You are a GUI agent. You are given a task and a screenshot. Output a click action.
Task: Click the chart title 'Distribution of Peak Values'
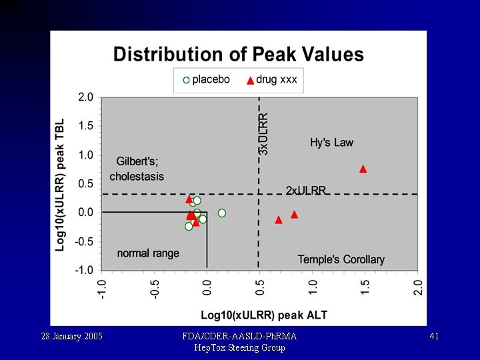[238, 54]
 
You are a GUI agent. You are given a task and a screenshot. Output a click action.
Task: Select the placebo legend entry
[206, 80]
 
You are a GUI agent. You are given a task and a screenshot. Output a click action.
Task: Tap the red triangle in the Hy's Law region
[363, 169]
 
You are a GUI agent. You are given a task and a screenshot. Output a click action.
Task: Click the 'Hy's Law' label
[331, 142]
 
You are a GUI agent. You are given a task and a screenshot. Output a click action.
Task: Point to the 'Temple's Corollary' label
[341, 259]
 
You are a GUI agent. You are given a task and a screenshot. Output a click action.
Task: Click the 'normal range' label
[148, 253]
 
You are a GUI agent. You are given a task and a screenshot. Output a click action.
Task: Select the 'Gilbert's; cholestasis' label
[137, 169]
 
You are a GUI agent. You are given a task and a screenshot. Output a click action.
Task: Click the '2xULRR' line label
[306, 191]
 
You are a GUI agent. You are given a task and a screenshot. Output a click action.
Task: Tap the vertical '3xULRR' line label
[265, 133]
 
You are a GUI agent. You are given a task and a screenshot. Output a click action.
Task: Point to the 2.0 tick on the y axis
[86, 97]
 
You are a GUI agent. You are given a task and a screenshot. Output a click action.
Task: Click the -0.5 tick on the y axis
[85, 241]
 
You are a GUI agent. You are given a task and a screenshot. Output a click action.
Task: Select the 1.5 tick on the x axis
[364, 288]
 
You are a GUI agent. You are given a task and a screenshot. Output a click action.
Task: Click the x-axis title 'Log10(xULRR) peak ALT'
[264, 315]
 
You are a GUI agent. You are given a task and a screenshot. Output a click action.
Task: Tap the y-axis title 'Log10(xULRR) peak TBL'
[61, 185]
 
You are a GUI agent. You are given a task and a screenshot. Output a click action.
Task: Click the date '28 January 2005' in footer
[71, 337]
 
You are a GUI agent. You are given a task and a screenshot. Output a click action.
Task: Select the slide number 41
[434, 337]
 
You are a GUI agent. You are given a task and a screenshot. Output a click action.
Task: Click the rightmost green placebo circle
[222, 213]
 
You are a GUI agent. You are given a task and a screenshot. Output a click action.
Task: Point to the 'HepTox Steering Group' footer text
[239, 347]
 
